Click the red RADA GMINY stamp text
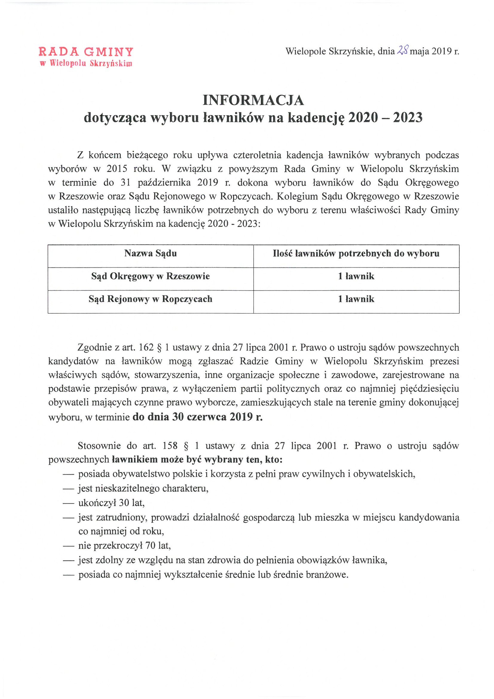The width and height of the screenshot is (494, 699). (86, 52)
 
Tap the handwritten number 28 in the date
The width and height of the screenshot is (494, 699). (402, 50)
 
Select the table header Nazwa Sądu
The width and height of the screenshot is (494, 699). (150, 253)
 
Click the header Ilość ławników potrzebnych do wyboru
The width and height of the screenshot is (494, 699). (356, 253)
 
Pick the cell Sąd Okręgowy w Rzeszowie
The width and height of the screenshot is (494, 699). (150, 276)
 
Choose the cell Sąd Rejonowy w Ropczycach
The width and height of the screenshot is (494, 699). (150, 299)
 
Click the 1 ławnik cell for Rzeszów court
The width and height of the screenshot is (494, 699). (356, 276)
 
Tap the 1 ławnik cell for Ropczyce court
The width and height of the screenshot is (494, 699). (356, 299)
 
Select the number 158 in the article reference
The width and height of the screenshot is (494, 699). (169, 446)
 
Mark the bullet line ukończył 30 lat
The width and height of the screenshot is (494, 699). (111, 503)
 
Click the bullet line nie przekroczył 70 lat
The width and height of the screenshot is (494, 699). (124, 546)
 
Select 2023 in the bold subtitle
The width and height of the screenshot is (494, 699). (407, 118)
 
